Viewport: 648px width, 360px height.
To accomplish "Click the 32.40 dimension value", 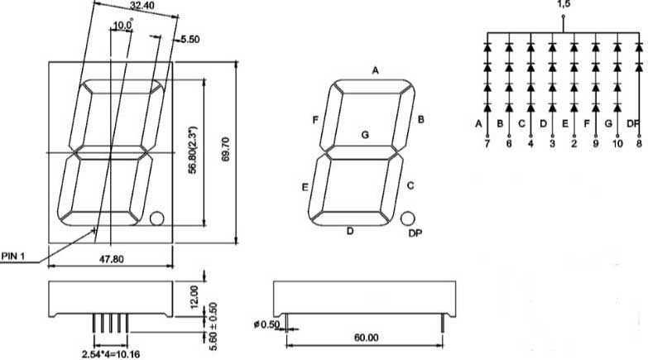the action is click(x=142, y=5).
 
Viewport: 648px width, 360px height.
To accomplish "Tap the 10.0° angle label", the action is click(x=122, y=25).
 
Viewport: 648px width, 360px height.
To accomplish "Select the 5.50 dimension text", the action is click(x=190, y=39).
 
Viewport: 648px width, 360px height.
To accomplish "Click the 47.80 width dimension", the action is click(x=111, y=259).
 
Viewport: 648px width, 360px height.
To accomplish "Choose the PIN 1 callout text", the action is click(x=12, y=257).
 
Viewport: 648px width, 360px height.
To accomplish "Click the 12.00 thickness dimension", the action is click(x=194, y=296).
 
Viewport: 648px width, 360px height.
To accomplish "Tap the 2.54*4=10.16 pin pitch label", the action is click(x=111, y=354).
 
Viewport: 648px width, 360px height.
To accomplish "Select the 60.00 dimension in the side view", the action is click(x=366, y=338).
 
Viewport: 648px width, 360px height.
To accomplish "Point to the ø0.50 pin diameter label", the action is click(x=267, y=324).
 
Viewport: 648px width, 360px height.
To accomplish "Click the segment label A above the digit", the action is click(x=375, y=70).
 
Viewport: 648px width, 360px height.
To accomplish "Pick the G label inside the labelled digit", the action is click(x=365, y=135).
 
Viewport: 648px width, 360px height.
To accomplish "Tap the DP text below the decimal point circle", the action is click(x=415, y=233).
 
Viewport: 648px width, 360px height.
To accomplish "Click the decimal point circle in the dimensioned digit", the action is click(x=156, y=218).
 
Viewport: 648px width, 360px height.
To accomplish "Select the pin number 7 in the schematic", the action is click(x=487, y=144).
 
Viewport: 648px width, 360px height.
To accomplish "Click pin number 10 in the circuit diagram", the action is click(x=617, y=144).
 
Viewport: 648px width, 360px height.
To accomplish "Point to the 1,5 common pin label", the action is click(x=563, y=4).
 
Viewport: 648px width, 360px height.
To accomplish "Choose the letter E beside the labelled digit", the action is click(x=305, y=188).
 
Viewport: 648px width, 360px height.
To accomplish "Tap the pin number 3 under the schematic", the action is click(x=553, y=144).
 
